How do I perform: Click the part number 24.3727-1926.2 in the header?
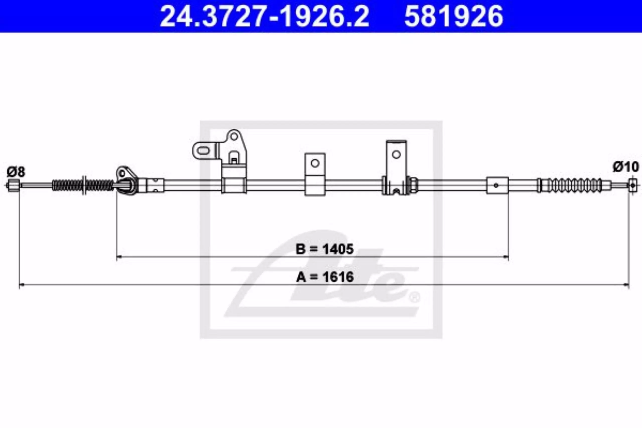pyautogui.click(x=264, y=16)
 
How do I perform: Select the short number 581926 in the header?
pyautogui.click(x=454, y=16)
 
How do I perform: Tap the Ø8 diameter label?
pyautogui.click(x=16, y=172)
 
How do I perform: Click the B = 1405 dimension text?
pyautogui.click(x=325, y=249)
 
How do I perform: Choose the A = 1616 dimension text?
pyautogui.click(x=325, y=277)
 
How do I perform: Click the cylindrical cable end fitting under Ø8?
pyautogui.click(x=13, y=186)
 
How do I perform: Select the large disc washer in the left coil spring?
pyautogui.click(x=84, y=185)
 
